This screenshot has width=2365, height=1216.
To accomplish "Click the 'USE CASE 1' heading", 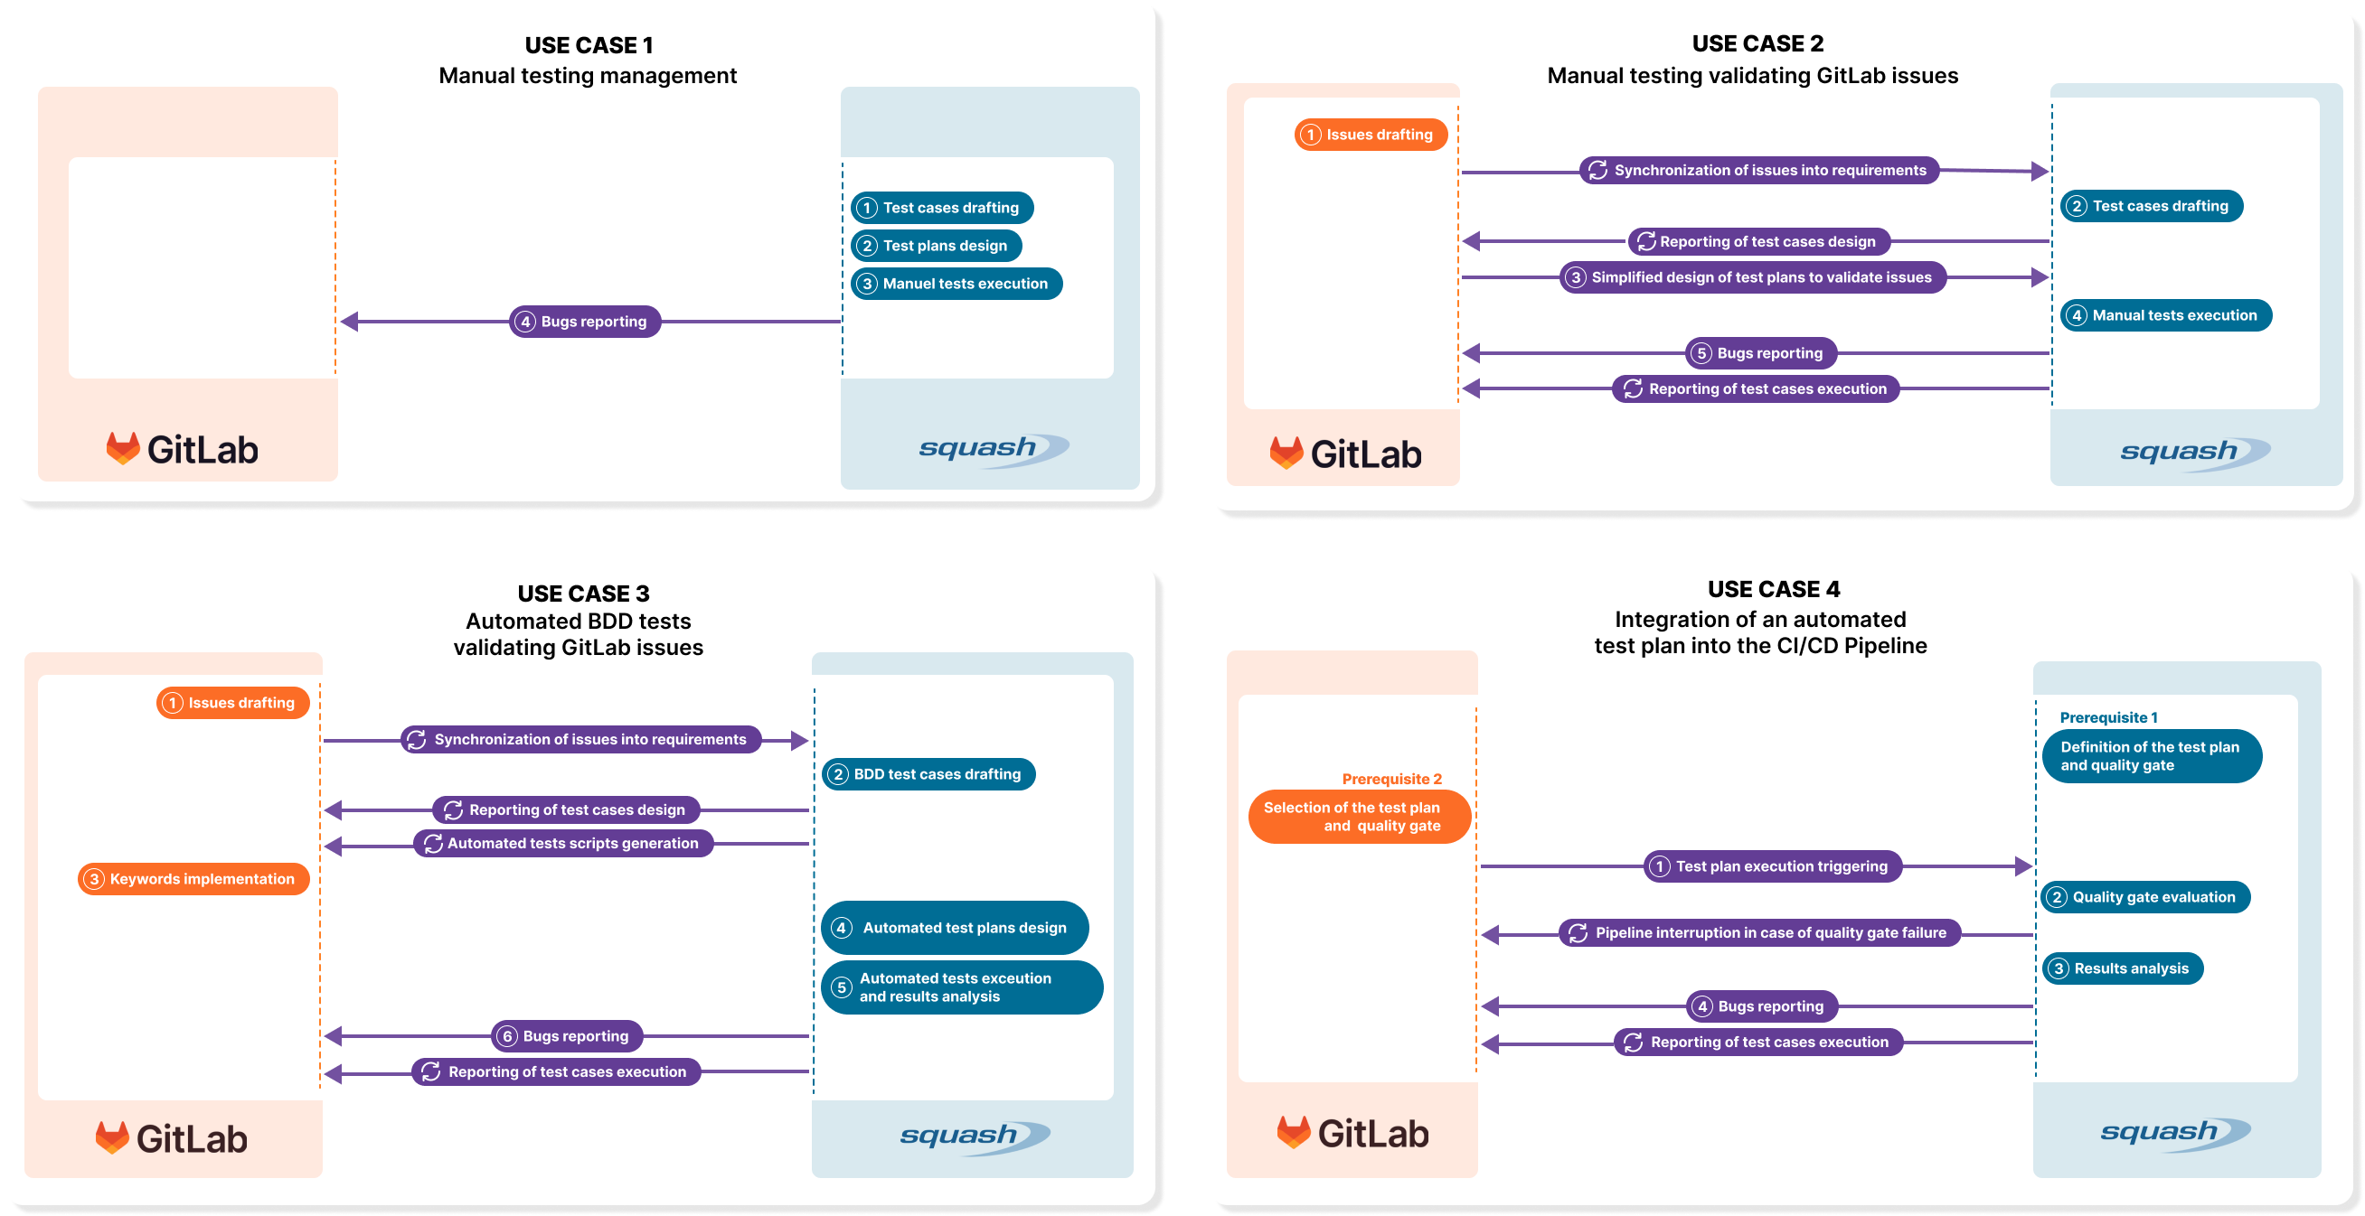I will click(589, 45).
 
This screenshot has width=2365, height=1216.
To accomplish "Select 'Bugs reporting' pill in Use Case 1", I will click(585, 322).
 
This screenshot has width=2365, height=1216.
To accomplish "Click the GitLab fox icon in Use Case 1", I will click(122, 448).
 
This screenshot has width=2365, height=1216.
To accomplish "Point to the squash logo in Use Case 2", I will click(2194, 453).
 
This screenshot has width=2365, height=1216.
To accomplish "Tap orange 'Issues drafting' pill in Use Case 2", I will click(1370, 134).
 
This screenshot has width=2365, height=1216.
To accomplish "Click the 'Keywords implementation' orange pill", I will click(193, 878).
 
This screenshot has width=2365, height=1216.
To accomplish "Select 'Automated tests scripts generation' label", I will click(563, 843).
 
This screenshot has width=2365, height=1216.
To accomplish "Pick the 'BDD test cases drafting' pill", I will click(928, 773).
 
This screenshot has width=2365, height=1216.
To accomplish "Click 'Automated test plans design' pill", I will click(955, 927).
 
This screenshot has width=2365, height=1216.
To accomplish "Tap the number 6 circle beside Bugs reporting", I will click(507, 1036).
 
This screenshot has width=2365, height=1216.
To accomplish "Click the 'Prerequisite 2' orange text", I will click(1391, 778).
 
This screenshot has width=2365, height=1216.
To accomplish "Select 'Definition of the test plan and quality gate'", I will click(2150, 756).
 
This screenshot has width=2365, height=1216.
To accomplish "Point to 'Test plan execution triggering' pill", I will click(1771, 865).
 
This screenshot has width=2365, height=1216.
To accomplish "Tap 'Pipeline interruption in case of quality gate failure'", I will click(1759, 932).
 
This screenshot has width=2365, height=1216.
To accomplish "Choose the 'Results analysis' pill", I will click(2122, 968).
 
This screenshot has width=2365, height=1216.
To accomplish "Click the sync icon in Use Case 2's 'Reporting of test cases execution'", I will click(1633, 388).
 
